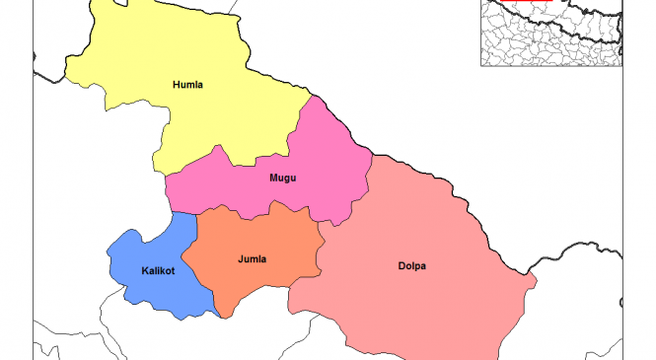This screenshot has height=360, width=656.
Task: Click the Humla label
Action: tap(187, 85)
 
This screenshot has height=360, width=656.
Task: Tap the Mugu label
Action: tap(283, 179)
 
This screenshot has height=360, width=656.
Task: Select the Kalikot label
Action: tap(158, 269)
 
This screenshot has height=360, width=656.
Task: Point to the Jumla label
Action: tap(253, 259)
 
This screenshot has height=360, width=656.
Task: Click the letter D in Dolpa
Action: tap(400, 265)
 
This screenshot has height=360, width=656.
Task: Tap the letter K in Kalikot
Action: tap(145, 269)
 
